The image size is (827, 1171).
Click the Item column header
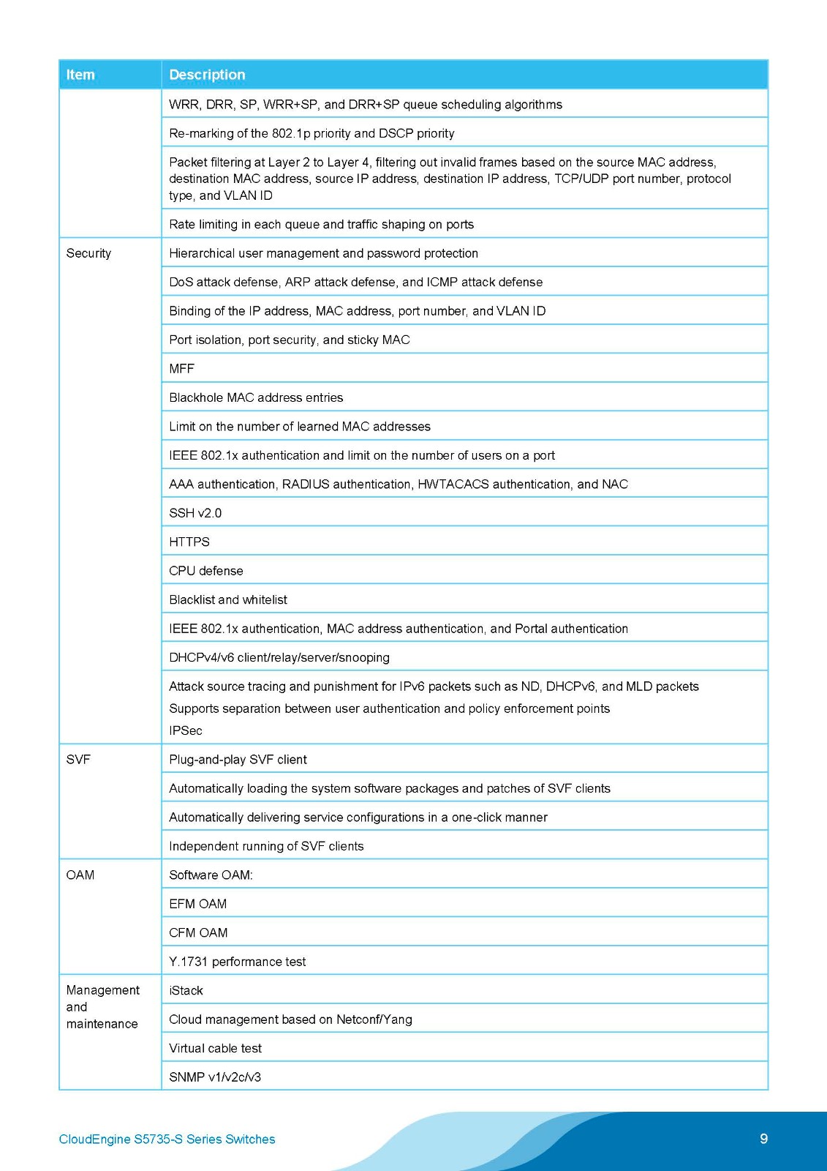tap(80, 75)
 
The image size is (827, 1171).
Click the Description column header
tap(207, 75)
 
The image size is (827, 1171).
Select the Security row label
tap(88, 253)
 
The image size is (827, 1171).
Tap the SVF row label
tap(78, 760)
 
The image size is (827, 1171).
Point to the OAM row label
tap(80, 875)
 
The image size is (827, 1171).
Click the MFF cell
tap(182, 369)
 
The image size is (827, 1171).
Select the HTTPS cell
tap(189, 542)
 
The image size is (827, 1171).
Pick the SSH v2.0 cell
tap(195, 513)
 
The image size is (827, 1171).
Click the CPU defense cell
tap(206, 571)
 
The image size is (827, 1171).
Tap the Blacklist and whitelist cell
tap(228, 600)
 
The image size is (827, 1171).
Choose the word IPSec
tap(186, 731)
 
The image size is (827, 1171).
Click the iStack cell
tap(186, 991)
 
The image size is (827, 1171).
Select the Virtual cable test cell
tap(216, 1049)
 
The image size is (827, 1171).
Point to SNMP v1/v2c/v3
tap(215, 1077)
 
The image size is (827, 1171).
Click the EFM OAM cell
tap(198, 905)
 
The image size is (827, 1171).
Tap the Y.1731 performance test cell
tap(238, 962)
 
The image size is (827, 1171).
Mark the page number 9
tap(764, 1139)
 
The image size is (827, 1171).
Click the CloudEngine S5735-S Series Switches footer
tap(167, 1140)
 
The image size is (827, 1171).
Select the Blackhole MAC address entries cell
tap(256, 398)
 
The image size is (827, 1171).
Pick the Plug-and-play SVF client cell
tap(238, 760)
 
